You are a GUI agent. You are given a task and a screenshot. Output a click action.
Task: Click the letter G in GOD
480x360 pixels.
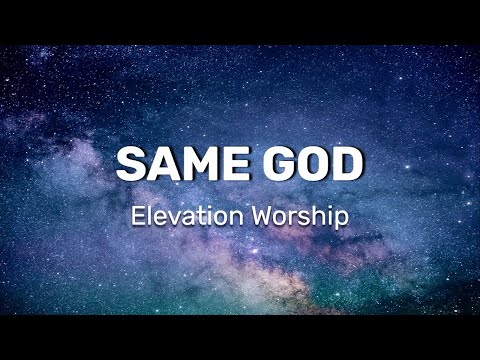pyautogui.click(x=276, y=164)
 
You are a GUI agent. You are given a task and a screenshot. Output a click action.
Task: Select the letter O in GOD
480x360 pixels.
pyautogui.click(x=311, y=164)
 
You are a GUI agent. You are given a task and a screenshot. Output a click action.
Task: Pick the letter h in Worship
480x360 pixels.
pyautogui.click(x=321, y=216)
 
